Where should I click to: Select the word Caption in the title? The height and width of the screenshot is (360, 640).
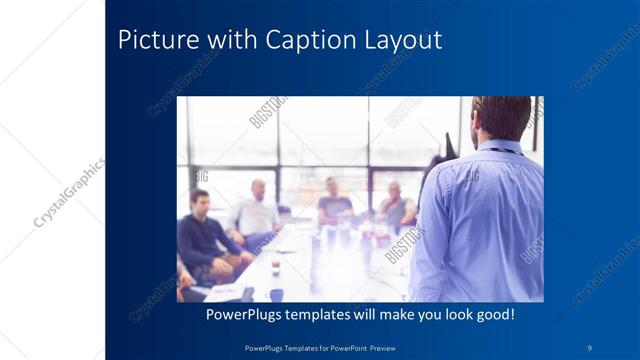point(307,41)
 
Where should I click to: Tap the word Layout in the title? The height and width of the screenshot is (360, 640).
point(401,41)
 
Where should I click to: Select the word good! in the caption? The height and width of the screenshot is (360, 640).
point(492,314)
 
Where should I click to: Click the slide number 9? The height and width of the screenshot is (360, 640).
point(590,347)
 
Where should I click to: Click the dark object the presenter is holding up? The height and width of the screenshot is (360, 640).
point(446,149)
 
